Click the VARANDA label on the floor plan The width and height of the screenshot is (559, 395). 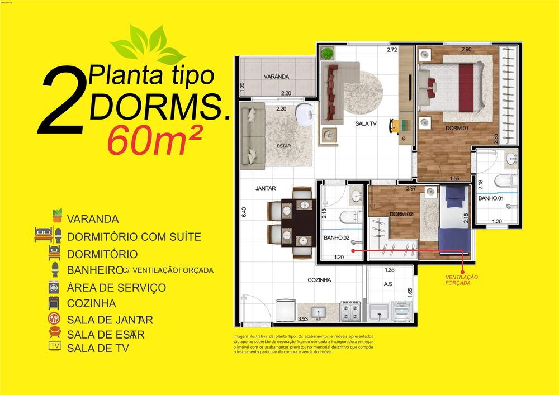(276, 77)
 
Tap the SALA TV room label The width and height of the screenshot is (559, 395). (366, 123)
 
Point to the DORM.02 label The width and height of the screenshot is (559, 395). (401, 215)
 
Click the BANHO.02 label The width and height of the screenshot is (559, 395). (337, 238)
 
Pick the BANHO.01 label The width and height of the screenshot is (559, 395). (490, 198)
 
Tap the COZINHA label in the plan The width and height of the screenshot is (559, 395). (319, 280)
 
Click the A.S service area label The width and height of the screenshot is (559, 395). (388, 284)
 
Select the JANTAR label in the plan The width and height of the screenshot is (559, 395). (266, 189)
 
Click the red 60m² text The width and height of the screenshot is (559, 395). (154, 140)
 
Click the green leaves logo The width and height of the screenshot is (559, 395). (148, 44)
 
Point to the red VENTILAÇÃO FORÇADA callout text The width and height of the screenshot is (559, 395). (461, 280)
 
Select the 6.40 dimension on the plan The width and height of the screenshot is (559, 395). (244, 212)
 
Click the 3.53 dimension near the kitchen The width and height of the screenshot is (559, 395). (303, 319)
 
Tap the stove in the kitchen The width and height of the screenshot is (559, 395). (350, 310)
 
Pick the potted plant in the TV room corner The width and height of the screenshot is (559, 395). (328, 54)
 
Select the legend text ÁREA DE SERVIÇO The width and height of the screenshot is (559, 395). (116, 288)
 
